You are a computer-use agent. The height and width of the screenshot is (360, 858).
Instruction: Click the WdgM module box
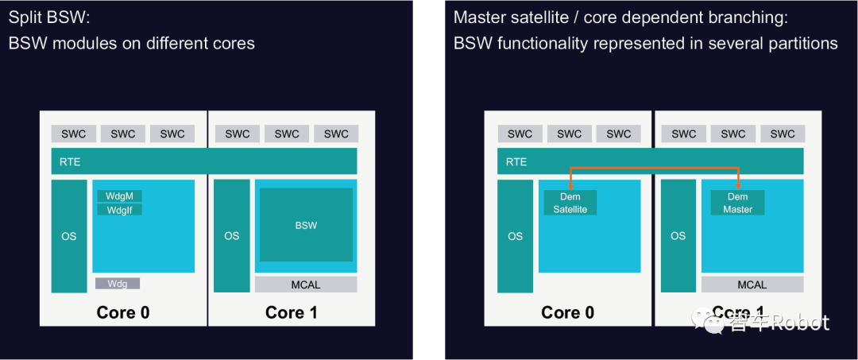pyautogui.click(x=119, y=195)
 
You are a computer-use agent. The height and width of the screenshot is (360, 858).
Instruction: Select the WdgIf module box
pyautogui.click(x=119, y=210)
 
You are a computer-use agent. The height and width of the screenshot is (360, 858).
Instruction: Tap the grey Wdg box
pyautogui.click(x=118, y=284)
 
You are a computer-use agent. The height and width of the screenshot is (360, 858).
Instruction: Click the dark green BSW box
pyautogui.click(x=306, y=225)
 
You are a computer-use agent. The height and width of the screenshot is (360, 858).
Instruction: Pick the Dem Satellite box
pyautogui.click(x=570, y=203)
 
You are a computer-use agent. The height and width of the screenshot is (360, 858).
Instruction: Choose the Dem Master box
pyautogui.click(x=737, y=203)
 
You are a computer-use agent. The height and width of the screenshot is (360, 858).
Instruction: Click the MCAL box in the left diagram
pyautogui.click(x=306, y=285)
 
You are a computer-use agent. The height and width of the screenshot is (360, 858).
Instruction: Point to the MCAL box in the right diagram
pyautogui.click(x=752, y=285)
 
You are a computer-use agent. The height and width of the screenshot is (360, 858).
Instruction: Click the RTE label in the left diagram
pyautogui.click(x=70, y=162)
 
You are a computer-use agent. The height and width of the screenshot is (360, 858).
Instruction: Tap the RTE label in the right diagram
pyautogui.click(x=516, y=162)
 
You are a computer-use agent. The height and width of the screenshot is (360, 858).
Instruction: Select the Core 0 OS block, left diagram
pyautogui.click(x=69, y=236)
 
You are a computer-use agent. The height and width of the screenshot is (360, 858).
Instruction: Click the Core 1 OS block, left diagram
pyautogui.click(x=231, y=236)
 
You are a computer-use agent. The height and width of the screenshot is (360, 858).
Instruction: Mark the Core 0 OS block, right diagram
pyautogui.click(x=516, y=236)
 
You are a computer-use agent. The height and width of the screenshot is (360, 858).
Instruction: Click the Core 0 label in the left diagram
pyautogui.click(x=123, y=312)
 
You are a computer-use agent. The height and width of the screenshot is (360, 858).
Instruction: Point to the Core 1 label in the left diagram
pyautogui.click(x=291, y=312)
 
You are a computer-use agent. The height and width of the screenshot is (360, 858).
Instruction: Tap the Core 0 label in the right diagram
pyautogui.click(x=567, y=312)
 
